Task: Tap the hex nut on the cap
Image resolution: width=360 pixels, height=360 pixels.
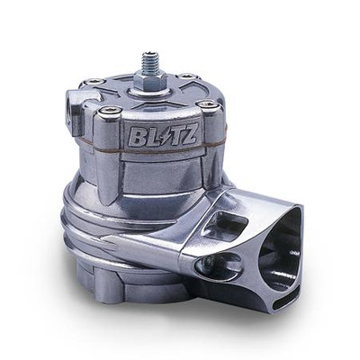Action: click(x=149, y=83)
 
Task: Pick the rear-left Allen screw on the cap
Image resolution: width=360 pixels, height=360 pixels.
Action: click(x=93, y=83)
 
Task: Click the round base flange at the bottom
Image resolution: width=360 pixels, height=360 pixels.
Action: click(x=126, y=292)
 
